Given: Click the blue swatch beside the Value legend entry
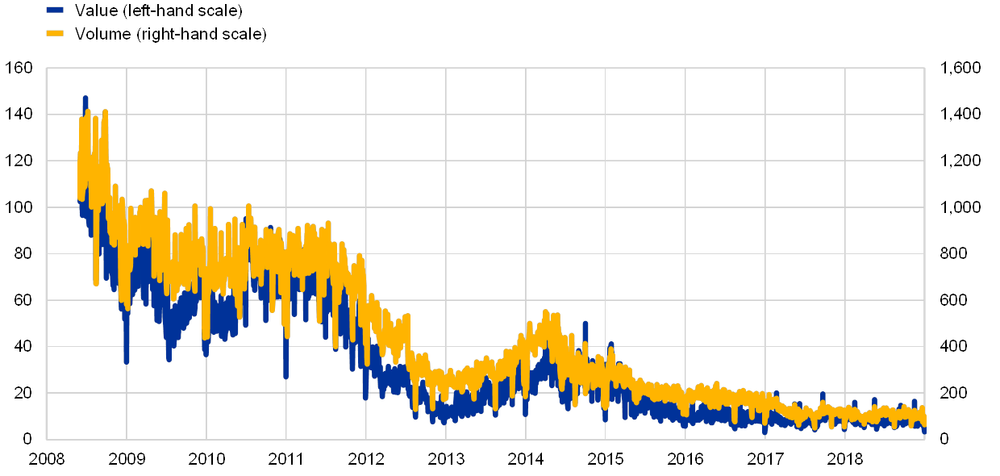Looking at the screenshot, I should coord(55,10).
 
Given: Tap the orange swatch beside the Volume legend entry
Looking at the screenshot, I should coord(55,33).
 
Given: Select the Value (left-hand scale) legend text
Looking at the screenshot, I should coord(158,10).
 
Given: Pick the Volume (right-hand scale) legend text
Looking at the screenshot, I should coord(169,34).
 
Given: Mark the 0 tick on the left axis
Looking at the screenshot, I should coord(29,438).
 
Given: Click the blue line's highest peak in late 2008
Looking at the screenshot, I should coord(85,98).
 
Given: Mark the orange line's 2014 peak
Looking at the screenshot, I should coord(546,312).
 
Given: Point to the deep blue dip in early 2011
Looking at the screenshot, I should coord(285,375).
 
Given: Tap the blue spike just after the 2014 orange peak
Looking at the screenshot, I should coord(585,324).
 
